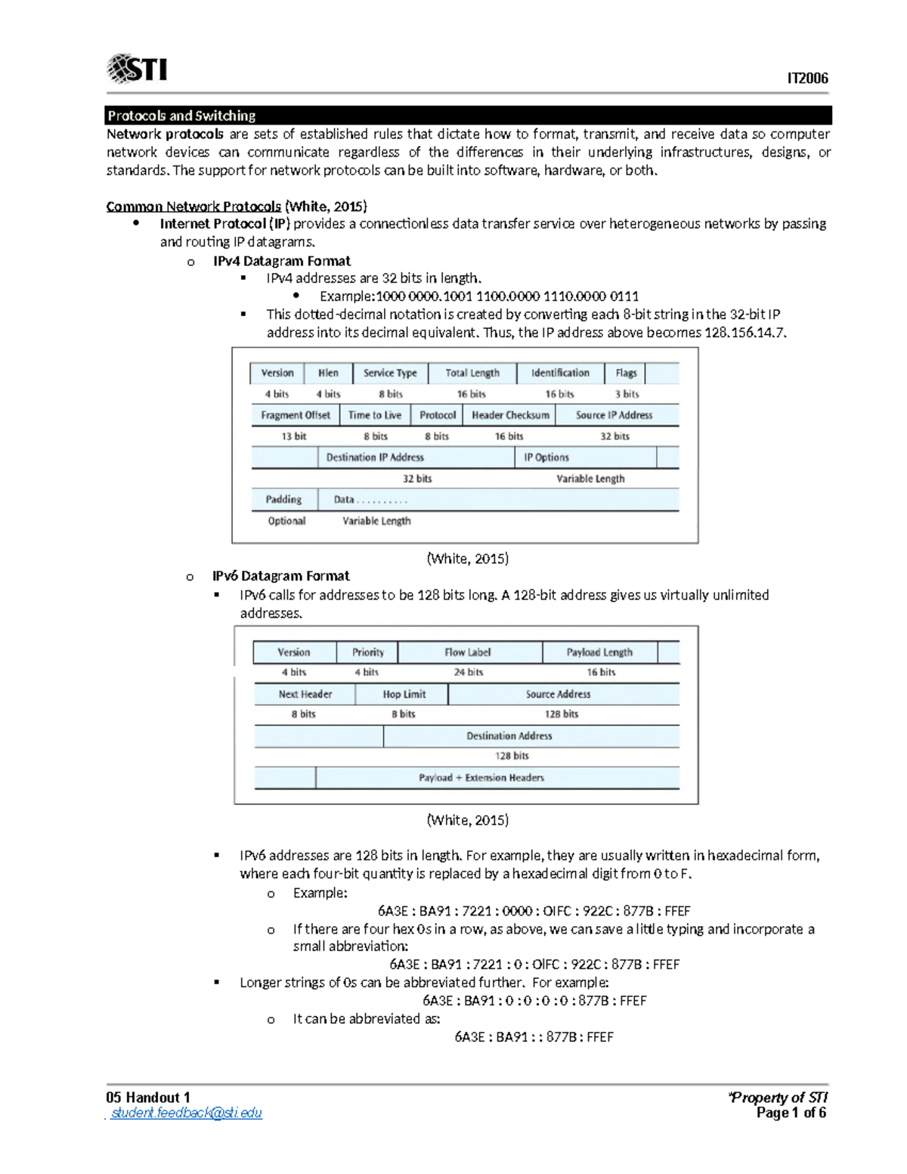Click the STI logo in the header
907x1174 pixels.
tap(138, 69)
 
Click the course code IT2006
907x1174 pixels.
tap(807, 79)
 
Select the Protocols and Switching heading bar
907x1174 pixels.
tap(468, 116)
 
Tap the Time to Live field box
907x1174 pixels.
tap(375, 415)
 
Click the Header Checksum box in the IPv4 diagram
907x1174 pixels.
tap(510, 415)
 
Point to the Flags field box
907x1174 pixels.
tap(625, 373)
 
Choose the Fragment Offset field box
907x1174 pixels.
tap(295, 415)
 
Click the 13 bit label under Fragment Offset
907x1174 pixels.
tap(293, 436)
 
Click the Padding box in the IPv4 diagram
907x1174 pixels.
tap(283, 500)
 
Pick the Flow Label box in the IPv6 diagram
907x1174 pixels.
tap(469, 652)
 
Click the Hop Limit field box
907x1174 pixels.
tap(403, 694)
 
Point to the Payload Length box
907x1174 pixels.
tap(599, 652)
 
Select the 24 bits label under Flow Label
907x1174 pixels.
tap(469, 672)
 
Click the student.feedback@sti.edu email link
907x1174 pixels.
tap(186, 1113)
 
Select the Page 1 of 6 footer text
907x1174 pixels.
tap(791, 1113)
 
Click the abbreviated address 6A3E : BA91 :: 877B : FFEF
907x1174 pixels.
tap(534, 1037)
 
